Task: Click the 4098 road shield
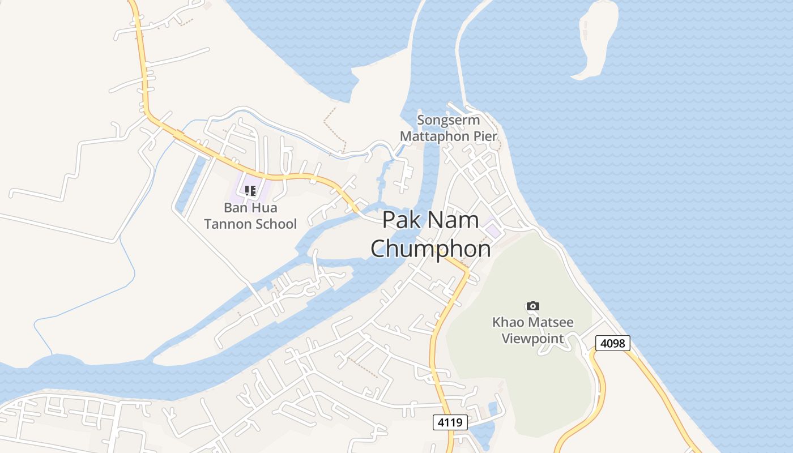[612, 343]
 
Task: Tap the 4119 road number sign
[450, 422]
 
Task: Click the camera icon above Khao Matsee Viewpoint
[532, 306]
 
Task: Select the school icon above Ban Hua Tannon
[250, 191]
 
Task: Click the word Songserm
[448, 120]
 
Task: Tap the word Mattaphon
[434, 136]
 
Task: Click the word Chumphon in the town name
[430, 249]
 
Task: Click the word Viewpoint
[533, 339]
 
